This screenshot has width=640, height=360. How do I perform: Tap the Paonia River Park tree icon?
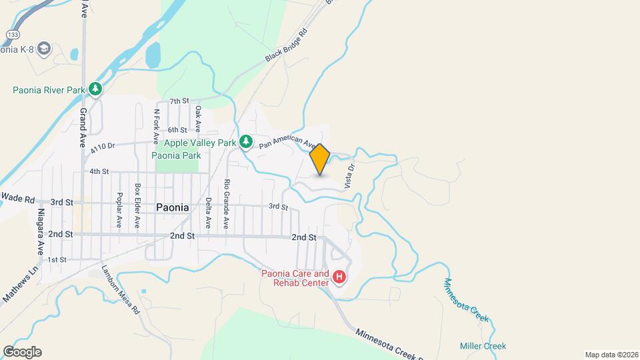click(96, 89)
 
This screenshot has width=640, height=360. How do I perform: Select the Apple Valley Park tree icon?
click(246, 142)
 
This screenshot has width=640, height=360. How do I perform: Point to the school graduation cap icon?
click(44, 49)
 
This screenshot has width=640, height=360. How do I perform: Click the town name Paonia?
click(172, 207)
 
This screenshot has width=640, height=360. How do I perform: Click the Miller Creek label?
click(483, 346)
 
